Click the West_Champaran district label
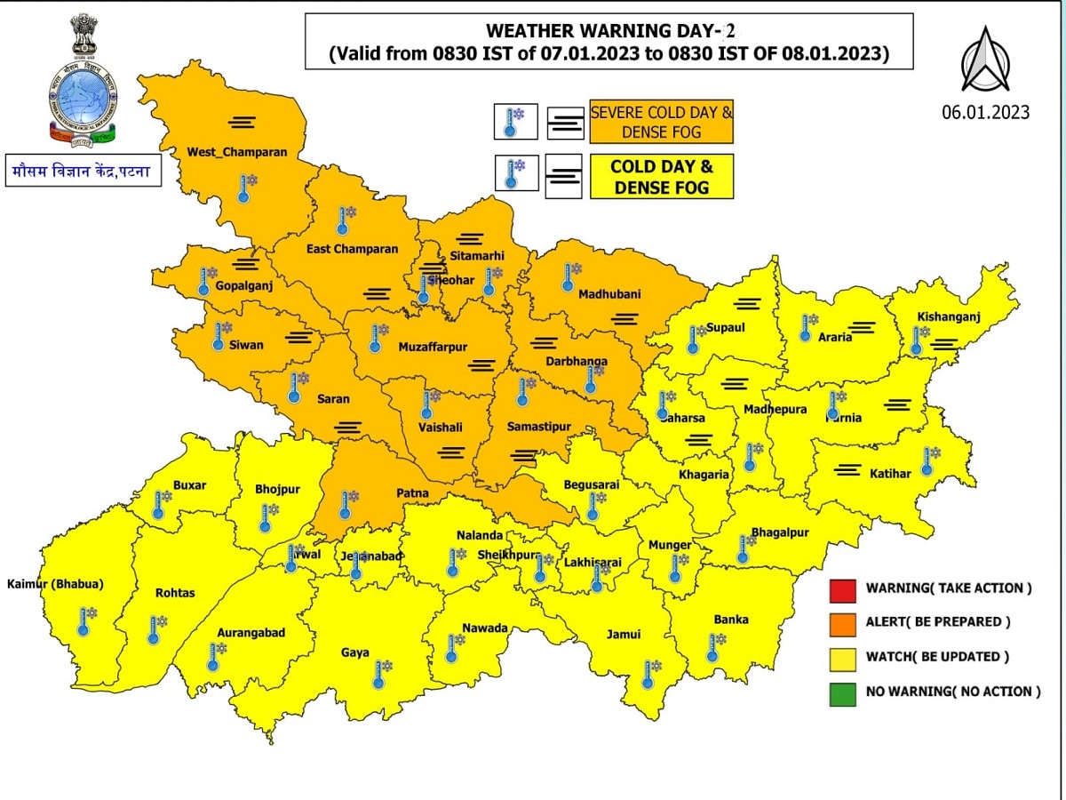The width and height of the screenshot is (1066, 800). point(236,152)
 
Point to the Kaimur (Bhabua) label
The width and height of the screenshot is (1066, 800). point(55,584)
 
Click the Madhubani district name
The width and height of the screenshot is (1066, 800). point(609,294)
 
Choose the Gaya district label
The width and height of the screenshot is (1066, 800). point(355,652)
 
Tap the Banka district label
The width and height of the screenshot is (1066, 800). point(731,619)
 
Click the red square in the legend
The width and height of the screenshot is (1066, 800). point(843,589)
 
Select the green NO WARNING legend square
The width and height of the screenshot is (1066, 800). point(843,692)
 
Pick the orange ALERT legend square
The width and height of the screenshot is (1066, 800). point(843,623)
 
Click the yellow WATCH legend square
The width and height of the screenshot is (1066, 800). point(843,658)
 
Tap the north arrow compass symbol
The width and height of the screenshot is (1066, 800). point(985,60)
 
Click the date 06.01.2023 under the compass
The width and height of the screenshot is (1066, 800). point(985,112)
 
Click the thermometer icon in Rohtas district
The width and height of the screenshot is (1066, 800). point(155,629)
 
